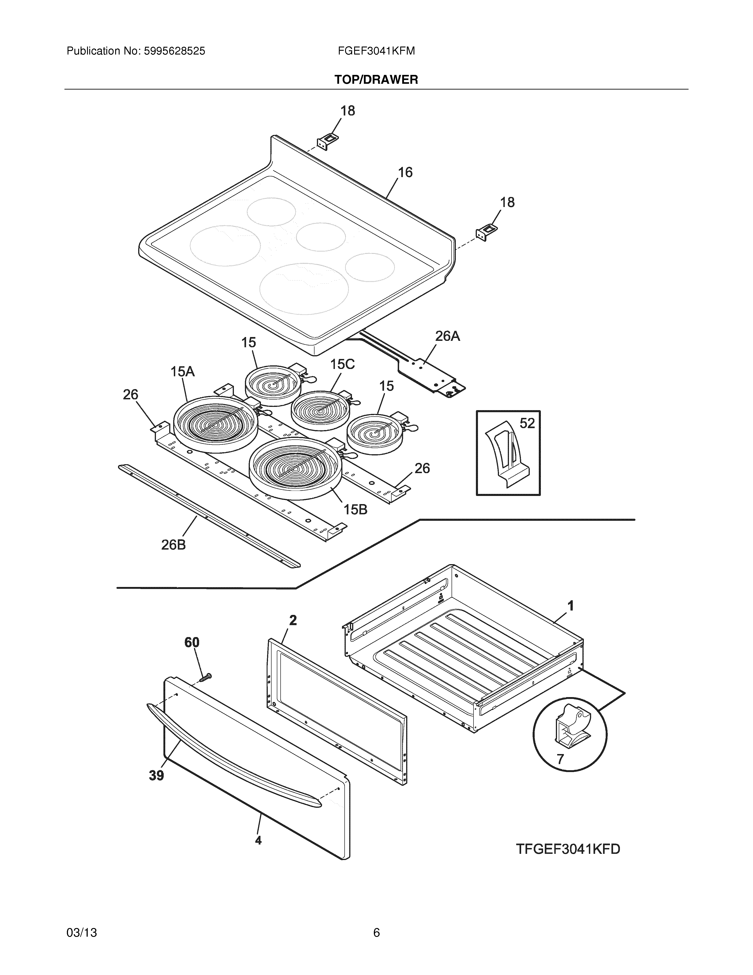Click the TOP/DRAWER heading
coord(376,80)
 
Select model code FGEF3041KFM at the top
coord(376,51)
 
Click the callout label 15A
coord(182,371)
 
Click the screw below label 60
coord(206,677)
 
